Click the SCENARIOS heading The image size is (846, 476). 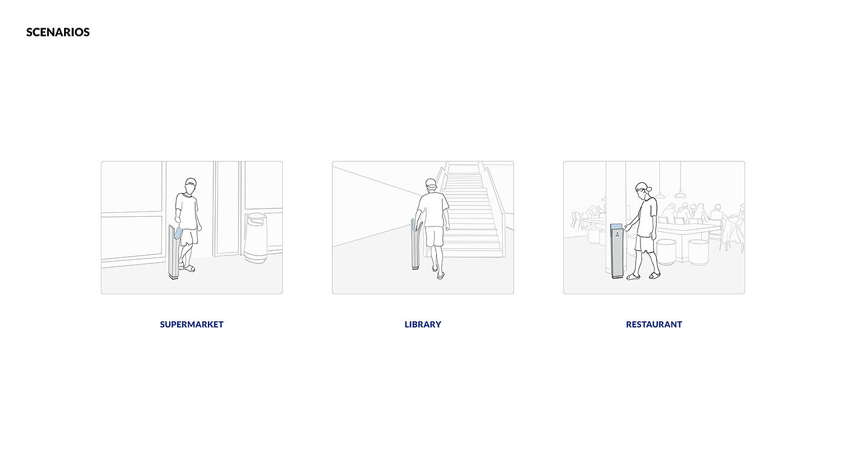point(58,32)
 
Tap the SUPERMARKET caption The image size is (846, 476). point(192,324)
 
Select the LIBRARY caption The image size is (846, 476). point(422,324)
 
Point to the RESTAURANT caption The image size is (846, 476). point(654,324)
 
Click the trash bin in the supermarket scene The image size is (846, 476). point(255,237)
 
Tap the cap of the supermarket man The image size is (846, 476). point(191,182)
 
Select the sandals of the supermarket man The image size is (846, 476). point(187,268)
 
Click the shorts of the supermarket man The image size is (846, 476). point(189,237)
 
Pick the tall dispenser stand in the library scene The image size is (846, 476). point(416,244)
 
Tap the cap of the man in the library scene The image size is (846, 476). point(431,182)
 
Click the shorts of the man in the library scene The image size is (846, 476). point(434,237)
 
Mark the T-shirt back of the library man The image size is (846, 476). point(433,210)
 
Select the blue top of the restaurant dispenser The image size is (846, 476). point(616,226)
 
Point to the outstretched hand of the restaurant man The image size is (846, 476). point(628,228)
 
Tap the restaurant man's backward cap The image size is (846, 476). point(642,187)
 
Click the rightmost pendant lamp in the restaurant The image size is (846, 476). point(680,195)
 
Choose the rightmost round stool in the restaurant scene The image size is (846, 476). point(698,252)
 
